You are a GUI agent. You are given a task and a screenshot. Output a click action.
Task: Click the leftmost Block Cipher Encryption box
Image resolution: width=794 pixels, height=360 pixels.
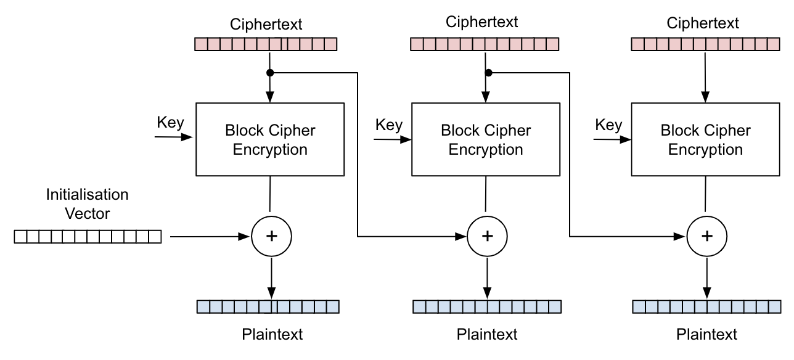coord(269,139)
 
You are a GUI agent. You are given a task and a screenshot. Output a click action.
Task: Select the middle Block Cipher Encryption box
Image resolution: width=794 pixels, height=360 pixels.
coord(486,139)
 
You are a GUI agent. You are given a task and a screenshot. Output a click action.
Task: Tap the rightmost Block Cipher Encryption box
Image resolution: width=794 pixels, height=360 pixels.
coord(705,139)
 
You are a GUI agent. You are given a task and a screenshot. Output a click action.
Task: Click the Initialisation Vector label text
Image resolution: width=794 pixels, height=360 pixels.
coord(87,204)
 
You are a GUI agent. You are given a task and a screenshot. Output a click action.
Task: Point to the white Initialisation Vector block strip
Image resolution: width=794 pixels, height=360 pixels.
coord(87,237)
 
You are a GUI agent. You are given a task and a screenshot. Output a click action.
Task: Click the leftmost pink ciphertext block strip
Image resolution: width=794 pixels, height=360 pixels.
coord(266,44)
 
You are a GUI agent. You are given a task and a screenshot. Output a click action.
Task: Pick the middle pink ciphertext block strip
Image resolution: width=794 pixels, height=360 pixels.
coord(485,44)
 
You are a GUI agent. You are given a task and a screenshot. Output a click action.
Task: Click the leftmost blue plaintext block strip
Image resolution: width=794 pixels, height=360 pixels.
coord(268,306)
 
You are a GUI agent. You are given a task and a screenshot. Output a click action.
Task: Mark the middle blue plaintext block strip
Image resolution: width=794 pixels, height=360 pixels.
coord(487,306)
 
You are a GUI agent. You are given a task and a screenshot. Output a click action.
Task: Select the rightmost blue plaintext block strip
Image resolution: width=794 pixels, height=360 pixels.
coord(706,306)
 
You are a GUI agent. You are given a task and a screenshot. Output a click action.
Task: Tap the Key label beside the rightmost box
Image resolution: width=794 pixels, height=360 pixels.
coord(608,125)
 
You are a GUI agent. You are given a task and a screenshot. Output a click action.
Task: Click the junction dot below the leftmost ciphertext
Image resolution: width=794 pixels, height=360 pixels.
coord(269,73)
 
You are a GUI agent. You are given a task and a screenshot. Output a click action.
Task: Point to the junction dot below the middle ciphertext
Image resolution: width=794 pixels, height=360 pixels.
coord(488,73)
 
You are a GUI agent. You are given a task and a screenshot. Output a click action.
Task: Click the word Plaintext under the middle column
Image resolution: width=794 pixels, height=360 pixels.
coord(487,335)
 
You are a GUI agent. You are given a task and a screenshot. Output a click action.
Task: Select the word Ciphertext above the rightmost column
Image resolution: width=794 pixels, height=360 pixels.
coord(703,23)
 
